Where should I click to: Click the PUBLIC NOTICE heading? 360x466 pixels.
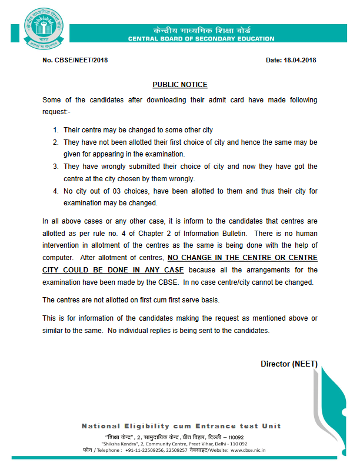click(x=180, y=85)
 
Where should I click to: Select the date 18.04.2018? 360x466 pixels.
click(x=300, y=60)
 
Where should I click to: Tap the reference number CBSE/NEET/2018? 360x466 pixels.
click(x=79, y=60)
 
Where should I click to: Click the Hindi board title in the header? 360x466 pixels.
click(x=201, y=29)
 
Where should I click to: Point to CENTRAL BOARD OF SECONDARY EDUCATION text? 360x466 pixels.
click(x=201, y=39)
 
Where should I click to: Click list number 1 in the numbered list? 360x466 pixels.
click(x=55, y=129)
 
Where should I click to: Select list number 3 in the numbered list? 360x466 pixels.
click(x=55, y=167)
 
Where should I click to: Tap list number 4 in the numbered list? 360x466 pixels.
click(x=55, y=191)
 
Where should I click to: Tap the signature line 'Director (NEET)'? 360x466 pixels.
click(x=289, y=364)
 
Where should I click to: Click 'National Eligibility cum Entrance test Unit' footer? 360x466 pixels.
click(x=181, y=426)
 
